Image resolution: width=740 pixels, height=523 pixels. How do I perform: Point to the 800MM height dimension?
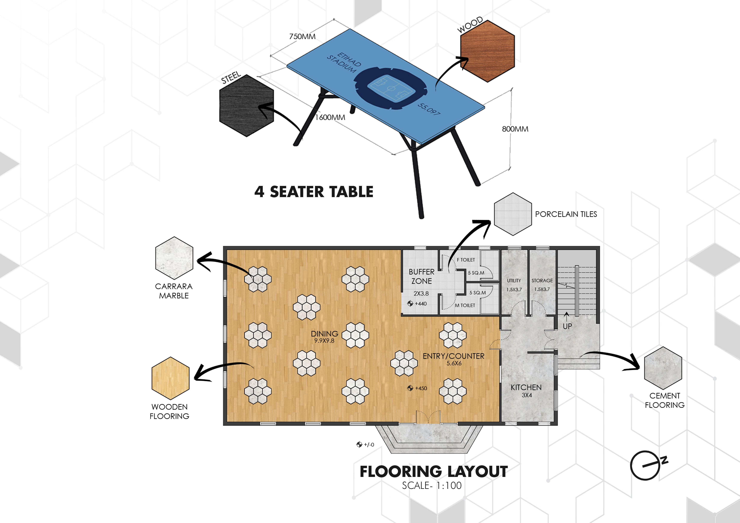(515, 129)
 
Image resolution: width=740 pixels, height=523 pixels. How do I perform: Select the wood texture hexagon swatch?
(487, 51)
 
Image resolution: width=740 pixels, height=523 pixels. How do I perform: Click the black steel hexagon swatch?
(247, 106)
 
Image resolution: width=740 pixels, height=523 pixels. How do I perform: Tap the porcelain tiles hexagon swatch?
(513, 214)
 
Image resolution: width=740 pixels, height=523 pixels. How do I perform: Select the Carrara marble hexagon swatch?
(174, 258)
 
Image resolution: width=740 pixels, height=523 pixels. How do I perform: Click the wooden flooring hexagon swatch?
(171, 378)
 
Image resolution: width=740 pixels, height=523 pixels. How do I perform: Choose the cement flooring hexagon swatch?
(663, 368)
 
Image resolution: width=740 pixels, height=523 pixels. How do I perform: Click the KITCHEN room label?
(526, 387)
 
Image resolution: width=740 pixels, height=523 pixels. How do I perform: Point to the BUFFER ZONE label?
(422, 276)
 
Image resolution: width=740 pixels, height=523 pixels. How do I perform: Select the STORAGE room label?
(542, 280)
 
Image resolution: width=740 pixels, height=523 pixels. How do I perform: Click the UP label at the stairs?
(567, 326)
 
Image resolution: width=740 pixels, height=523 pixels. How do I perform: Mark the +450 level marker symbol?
(410, 388)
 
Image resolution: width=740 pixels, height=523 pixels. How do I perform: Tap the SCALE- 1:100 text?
(432, 485)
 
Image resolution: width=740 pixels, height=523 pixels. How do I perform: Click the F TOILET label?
(466, 260)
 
